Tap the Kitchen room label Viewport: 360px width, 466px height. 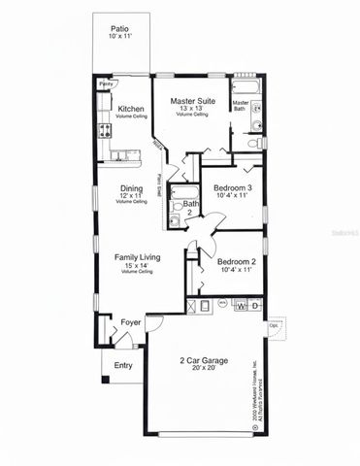point(131,109)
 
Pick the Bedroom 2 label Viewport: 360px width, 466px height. point(236,262)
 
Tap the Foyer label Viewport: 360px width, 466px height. point(130,321)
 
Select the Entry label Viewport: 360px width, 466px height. point(123,365)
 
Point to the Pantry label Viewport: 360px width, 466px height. point(104,84)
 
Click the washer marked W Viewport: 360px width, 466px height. point(241,306)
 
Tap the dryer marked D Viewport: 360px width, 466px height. point(255,306)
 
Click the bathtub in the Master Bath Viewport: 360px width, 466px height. point(244,89)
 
